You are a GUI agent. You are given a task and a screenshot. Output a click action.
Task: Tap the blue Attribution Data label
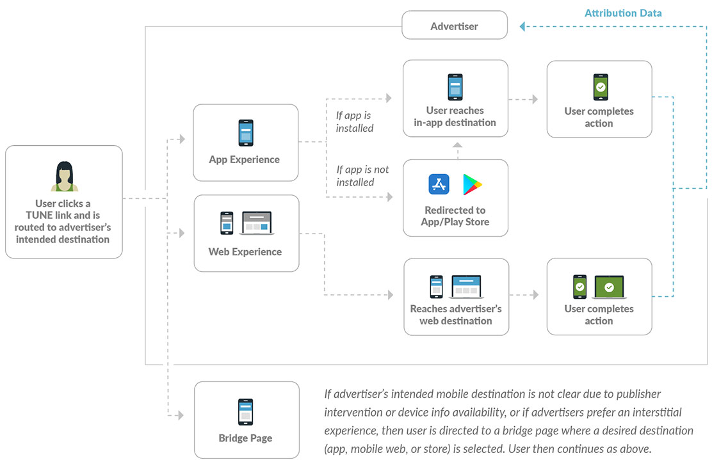tap(623, 13)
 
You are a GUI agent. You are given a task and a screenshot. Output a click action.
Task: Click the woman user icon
tap(64, 177)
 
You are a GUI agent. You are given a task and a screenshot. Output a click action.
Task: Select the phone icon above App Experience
tap(246, 133)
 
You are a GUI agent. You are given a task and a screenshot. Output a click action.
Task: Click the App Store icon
tap(439, 184)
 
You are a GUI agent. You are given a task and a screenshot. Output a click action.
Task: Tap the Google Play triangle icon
tap(473, 184)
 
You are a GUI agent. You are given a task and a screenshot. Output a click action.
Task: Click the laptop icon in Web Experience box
tap(257, 223)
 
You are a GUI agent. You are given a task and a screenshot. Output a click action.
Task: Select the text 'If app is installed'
tap(354, 122)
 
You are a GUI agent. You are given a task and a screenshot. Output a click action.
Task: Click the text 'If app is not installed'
tap(362, 176)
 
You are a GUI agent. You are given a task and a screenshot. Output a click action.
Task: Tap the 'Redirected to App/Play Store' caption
tap(455, 216)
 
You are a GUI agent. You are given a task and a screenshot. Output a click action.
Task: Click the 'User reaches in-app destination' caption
tap(455, 116)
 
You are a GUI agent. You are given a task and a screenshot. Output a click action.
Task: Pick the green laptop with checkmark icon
tap(610, 287)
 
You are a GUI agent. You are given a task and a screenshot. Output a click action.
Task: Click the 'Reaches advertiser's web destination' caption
tap(456, 315)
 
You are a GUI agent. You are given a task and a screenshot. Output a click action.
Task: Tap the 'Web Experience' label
tap(245, 251)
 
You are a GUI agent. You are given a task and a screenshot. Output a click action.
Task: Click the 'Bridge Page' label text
tap(245, 438)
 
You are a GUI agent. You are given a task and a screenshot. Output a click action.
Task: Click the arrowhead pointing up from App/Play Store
tap(456, 145)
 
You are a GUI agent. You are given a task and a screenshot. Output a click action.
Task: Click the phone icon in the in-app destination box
tap(455, 87)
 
